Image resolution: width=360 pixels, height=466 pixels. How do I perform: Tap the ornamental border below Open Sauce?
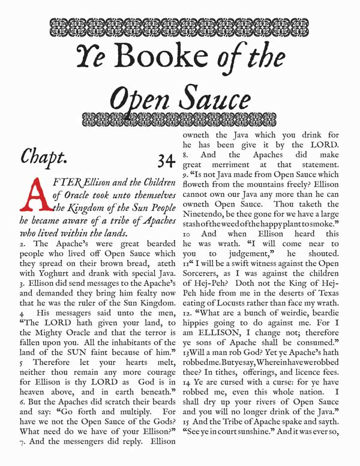[x=180, y=114]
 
